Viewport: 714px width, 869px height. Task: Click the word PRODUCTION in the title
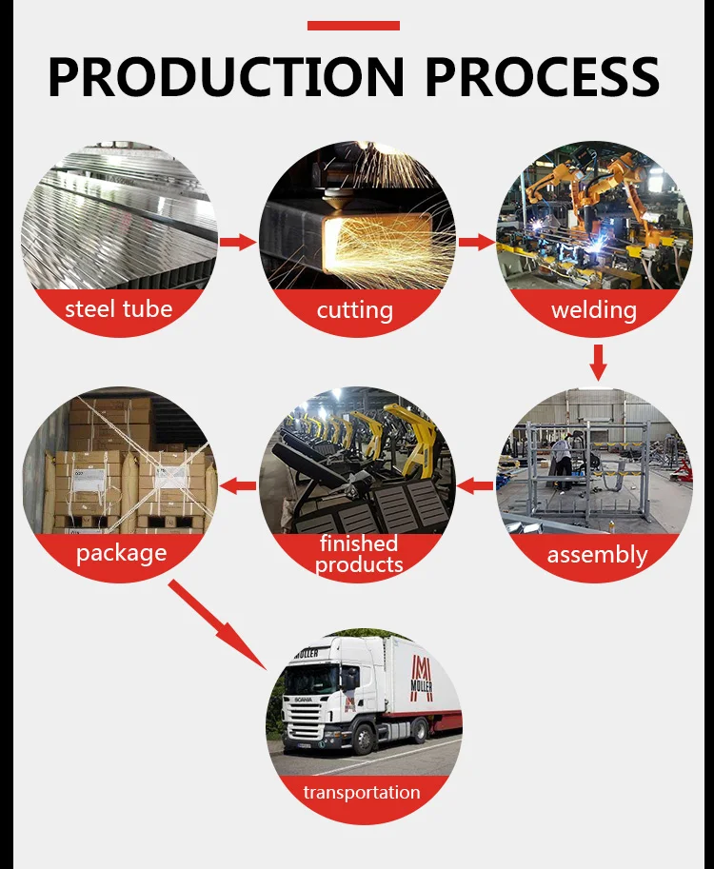(226, 77)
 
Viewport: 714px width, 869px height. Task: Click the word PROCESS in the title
(543, 77)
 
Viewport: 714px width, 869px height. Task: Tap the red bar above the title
(353, 26)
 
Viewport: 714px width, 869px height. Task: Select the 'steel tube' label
(119, 309)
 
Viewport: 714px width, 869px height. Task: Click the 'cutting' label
(355, 310)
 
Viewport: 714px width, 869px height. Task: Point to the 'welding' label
(594, 310)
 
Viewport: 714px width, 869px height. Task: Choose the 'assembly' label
(597, 555)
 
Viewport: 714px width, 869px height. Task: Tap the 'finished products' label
(359, 554)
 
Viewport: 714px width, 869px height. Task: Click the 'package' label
(121, 553)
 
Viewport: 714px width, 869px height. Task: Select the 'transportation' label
(362, 792)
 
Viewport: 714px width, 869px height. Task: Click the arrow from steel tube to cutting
(238, 242)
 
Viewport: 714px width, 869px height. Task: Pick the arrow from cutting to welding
(476, 242)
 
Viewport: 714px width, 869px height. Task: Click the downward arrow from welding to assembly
(598, 362)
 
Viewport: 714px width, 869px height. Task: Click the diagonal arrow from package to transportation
(218, 624)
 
